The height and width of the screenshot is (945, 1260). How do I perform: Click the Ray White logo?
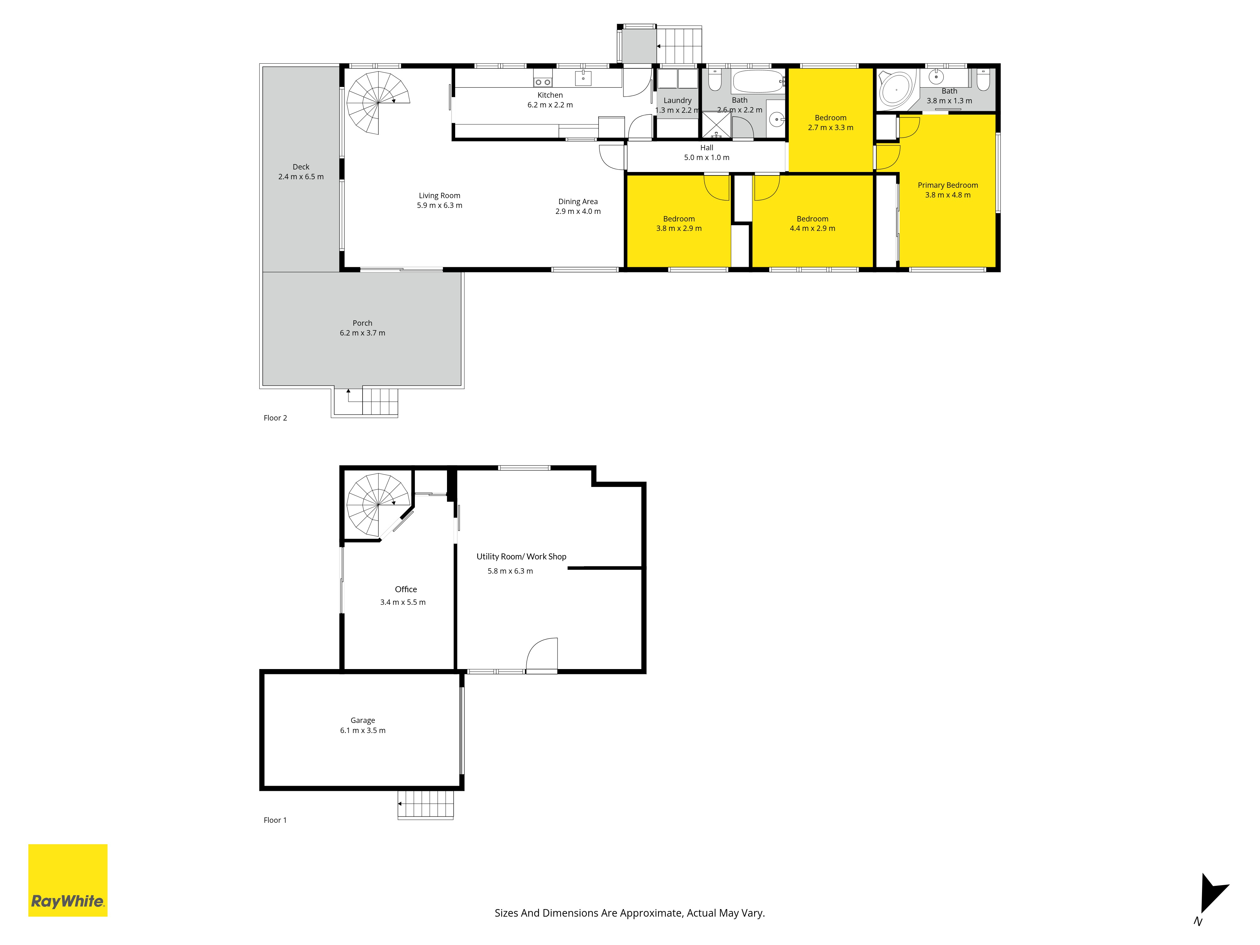(x=68, y=880)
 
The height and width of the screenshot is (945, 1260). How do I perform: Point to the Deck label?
(x=301, y=167)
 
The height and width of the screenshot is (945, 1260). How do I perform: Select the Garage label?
(x=363, y=721)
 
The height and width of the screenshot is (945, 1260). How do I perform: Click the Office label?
(x=406, y=590)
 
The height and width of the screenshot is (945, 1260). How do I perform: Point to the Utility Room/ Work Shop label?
(x=522, y=557)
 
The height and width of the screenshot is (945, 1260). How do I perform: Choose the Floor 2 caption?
(x=275, y=418)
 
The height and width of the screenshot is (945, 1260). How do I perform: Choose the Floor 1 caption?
(x=275, y=820)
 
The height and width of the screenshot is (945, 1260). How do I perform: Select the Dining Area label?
(x=578, y=202)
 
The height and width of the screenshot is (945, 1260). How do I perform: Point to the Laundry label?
(x=677, y=100)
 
